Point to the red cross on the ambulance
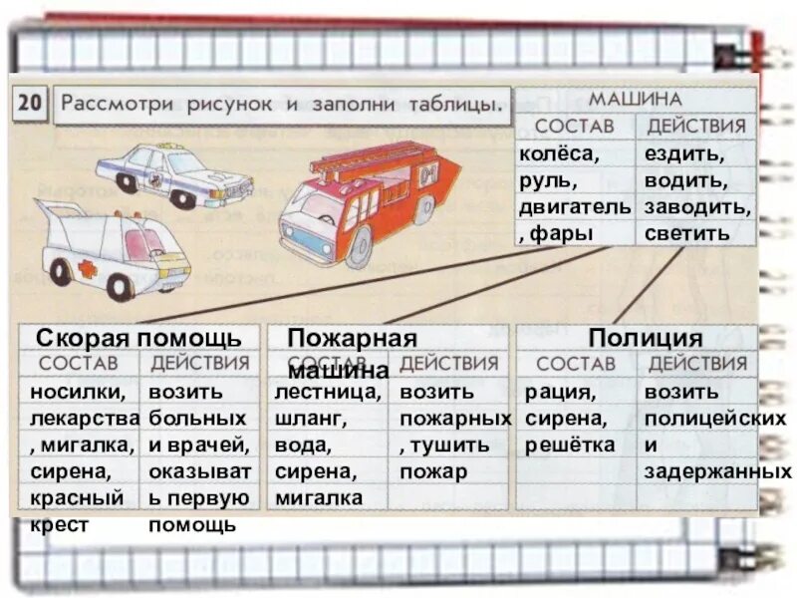click(x=88, y=270)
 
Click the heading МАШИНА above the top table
click(x=635, y=100)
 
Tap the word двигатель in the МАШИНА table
click(x=574, y=206)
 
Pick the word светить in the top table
click(x=686, y=233)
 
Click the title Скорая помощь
click(x=138, y=338)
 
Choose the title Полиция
click(x=645, y=338)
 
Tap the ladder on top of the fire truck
click(x=375, y=159)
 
